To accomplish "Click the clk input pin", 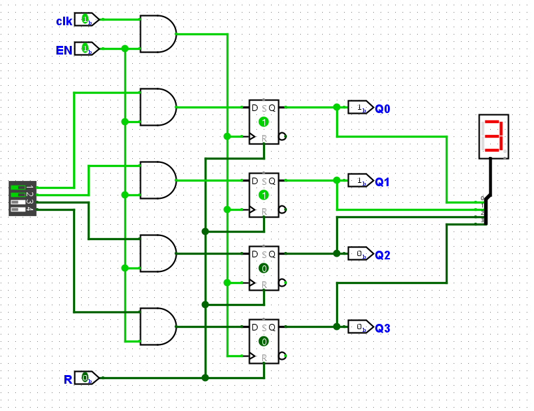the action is click(x=86, y=19).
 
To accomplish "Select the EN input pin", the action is click(x=86, y=49).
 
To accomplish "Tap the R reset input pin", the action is click(x=86, y=378).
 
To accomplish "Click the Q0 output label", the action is click(x=382, y=109).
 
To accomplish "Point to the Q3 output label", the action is click(x=382, y=328).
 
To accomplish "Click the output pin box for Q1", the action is click(x=361, y=180).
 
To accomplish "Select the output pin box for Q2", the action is click(x=361, y=254).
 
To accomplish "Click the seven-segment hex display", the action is click(x=493, y=136).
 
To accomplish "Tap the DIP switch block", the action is click(x=23, y=198).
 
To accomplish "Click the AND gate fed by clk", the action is click(x=158, y=34).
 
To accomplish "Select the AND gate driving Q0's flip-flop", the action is click(x=158, y=107).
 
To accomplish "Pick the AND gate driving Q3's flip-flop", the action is click(x=158, y=327).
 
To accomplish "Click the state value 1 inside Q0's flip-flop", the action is click(x=264, y=122).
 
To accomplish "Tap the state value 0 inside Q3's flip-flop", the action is click(x=264, y=341).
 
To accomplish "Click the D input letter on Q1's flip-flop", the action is click(x=255, y=181).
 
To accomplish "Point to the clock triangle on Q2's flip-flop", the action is click(x=252, y=283).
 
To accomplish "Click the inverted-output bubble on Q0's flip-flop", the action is click(x=283, y=136).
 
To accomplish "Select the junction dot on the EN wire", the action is click(x=125, y=49).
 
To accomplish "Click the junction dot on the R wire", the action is click(x=205, y=378).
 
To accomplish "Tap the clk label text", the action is click(x=64, y=21).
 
